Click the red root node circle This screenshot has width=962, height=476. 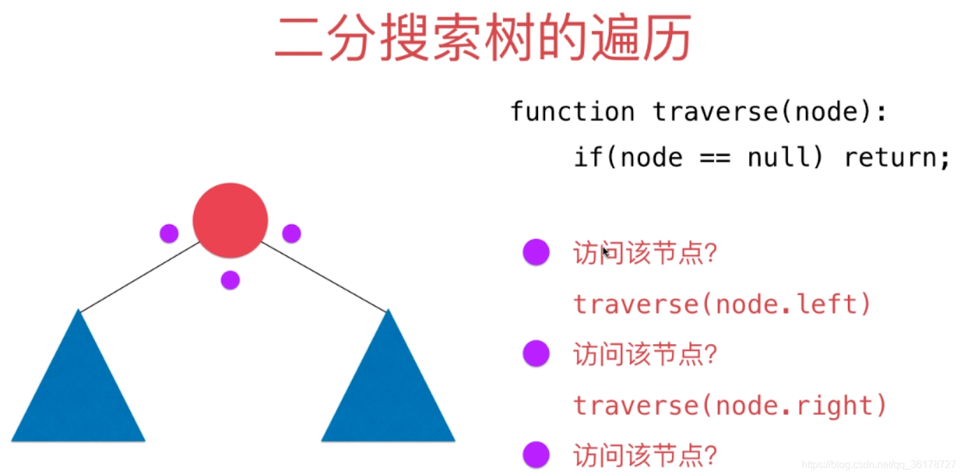tap(230, 220)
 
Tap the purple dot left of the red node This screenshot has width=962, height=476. tap(169, 233)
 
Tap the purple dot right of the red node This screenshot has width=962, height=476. tap(292, 233)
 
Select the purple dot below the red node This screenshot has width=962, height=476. tap(230, 280)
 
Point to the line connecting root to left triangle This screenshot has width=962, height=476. tap(139, 277)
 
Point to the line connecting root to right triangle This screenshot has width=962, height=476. tap(323, 277)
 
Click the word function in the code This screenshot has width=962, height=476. tap(572, 112)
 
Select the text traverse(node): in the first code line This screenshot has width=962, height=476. tap(771, 112)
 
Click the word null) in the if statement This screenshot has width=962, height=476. tap(785, 157)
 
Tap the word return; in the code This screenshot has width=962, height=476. tap(897, 157)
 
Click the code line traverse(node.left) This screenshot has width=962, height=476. tap(722, 304)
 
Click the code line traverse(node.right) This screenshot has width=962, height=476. tap(730, 405)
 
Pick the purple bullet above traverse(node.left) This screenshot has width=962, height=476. tap(536, 252)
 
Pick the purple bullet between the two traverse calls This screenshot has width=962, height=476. tap(536, 353)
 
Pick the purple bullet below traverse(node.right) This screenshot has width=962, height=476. tap(536, 454)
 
